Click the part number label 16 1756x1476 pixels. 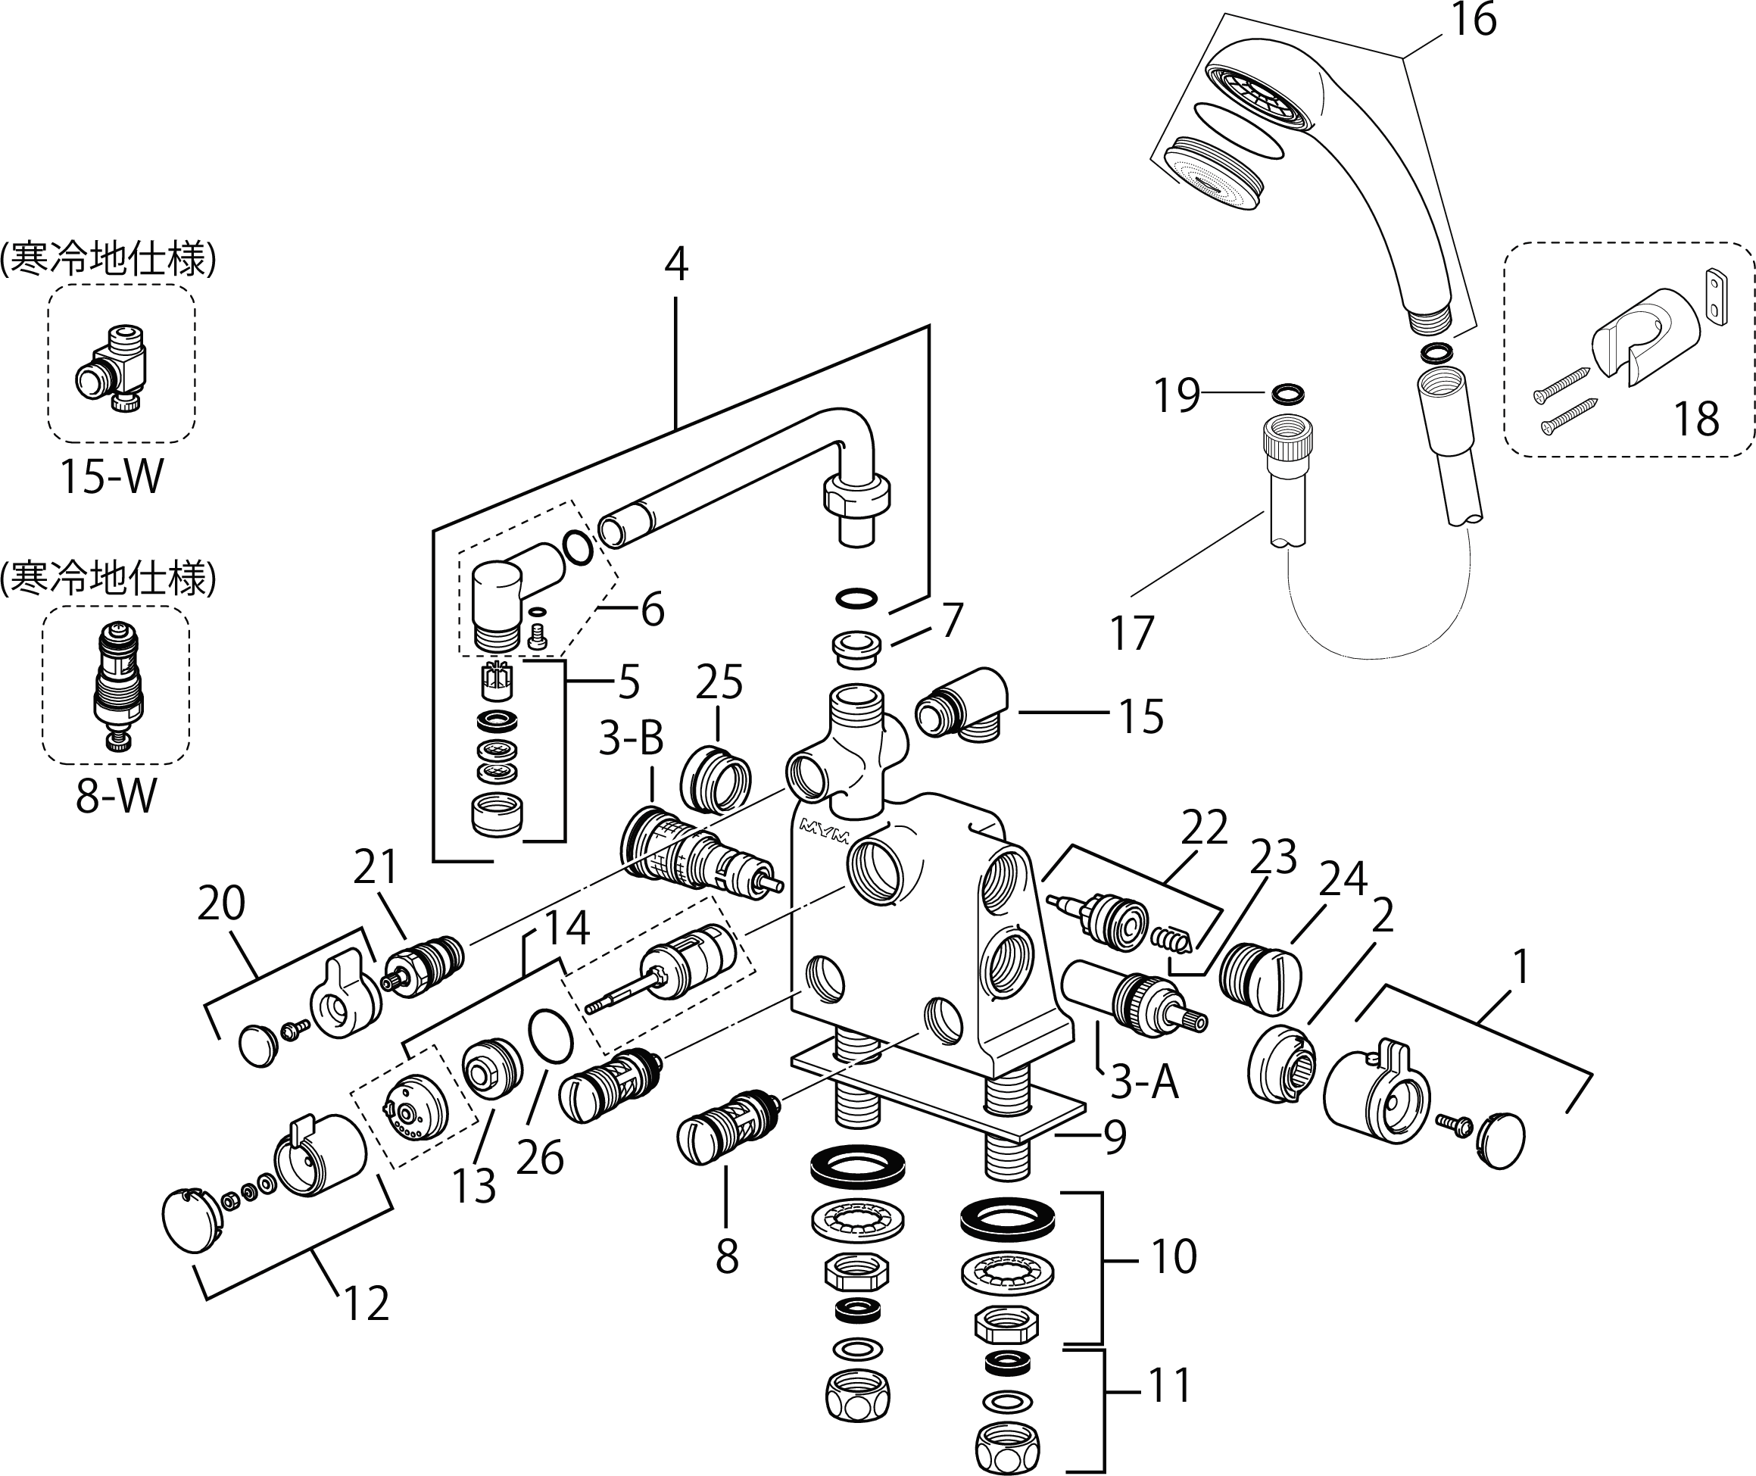click(1474, 20)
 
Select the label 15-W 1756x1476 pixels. click(111, 477)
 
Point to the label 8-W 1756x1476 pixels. click(115, 796)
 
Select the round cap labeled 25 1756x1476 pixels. click(715, 779)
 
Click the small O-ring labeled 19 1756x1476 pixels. click(1287, 392)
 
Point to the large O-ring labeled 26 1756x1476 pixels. click(551, 1035)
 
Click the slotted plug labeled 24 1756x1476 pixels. click(1260, 974)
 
